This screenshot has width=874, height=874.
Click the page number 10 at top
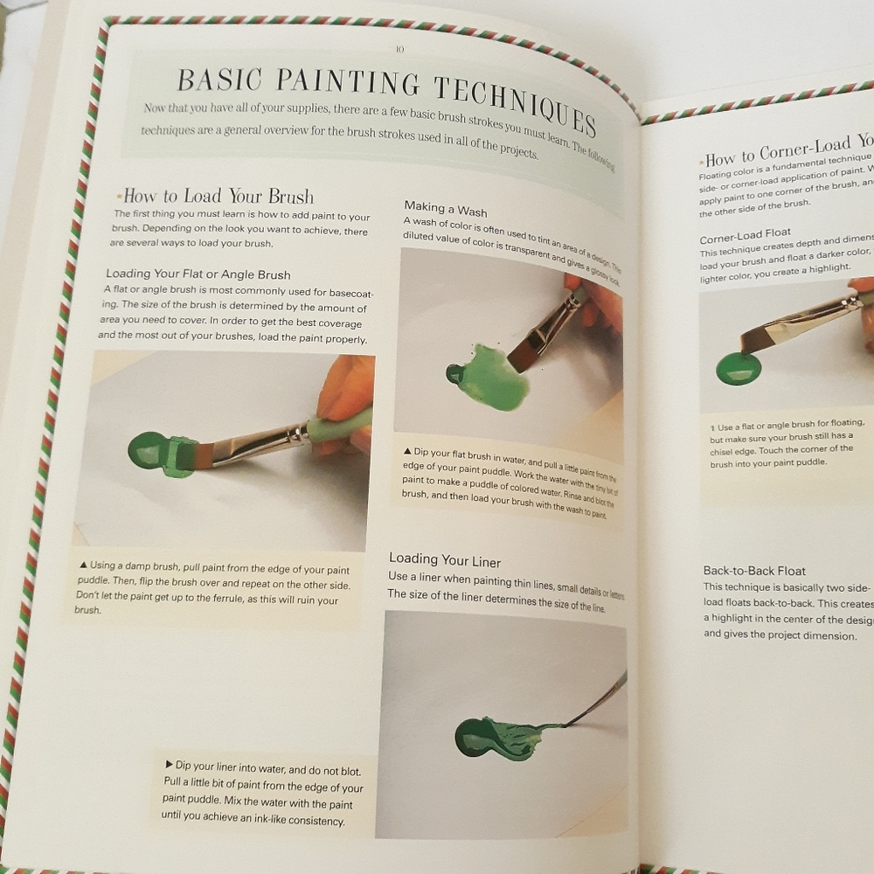click(x=399, y=50)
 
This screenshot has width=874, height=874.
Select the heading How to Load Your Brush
click(x=218, y=196)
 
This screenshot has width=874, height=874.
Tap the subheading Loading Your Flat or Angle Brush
click(x=198, y=274)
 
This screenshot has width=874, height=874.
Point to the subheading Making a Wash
click(x=446, y=210)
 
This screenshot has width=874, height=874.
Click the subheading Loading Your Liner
click(x=445, y=559)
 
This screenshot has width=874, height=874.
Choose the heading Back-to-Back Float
click(x=754, y=571)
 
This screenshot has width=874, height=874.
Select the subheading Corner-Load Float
click(x=745, y=232)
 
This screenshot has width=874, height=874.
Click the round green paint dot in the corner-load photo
click(x=739, y=367)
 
